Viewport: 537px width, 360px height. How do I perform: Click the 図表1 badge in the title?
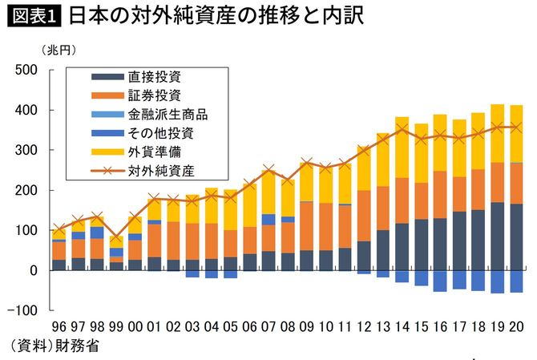coord(33,17)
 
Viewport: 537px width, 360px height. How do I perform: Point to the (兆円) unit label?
coord(59,51)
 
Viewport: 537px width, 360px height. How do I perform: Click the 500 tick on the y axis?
coord(30,71)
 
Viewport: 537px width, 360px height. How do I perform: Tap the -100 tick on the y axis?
coord(26,310)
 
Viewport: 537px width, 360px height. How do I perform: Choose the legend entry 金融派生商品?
coord(168,115)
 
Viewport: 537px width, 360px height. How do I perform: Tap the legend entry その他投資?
coord(161,133)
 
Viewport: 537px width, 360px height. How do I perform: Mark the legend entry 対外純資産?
coord(161,170)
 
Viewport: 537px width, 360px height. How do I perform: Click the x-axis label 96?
coord(59,327)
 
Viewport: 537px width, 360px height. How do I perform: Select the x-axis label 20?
coord(517,327)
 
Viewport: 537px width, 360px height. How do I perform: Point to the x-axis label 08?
coord(288,327)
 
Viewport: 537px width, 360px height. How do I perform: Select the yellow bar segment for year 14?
coord(402,148)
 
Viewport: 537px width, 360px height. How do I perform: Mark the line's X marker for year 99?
coord(116,238)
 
